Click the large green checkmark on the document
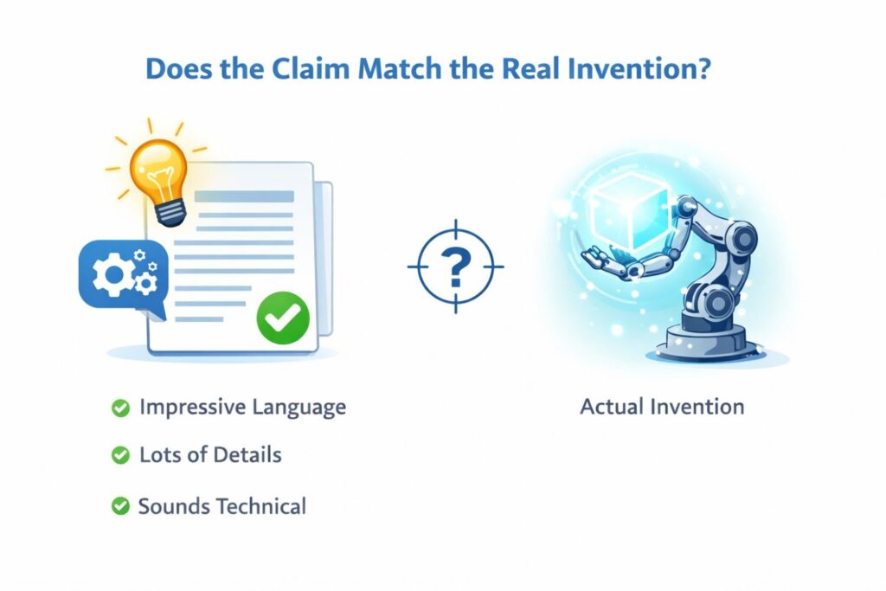click(283, 318)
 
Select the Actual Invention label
click(662, 407)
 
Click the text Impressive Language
click(242, 407)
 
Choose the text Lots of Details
click(210, 455)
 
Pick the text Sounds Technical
click(222, 505)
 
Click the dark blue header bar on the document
click(245, 196)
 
